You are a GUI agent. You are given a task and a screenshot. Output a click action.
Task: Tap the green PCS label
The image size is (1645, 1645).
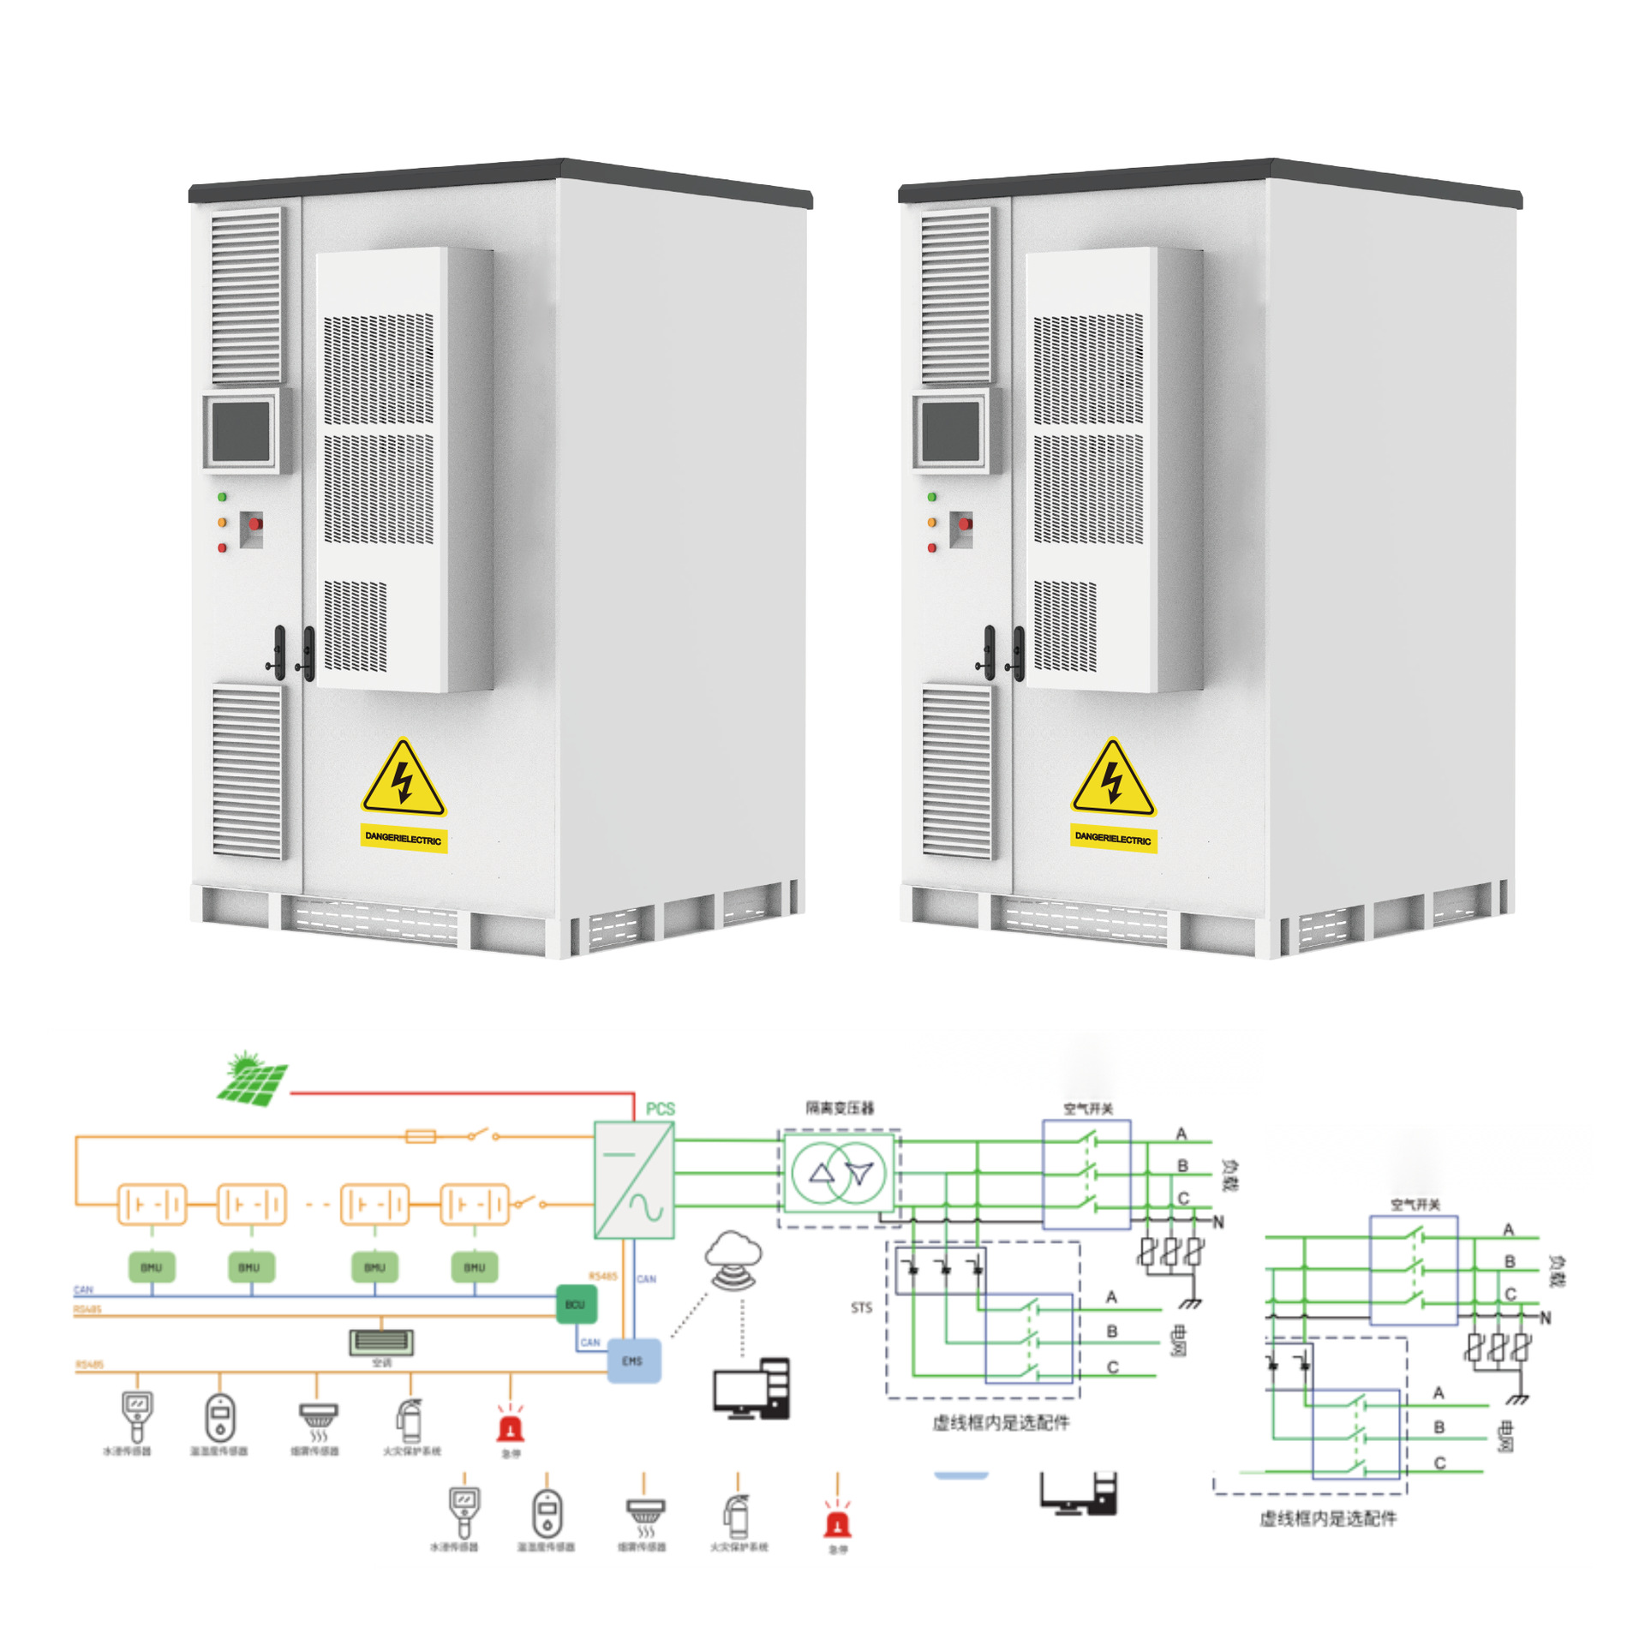click(x=660, y=1109)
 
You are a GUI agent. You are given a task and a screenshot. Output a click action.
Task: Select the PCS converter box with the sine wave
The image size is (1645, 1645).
click(x=634, y=1180)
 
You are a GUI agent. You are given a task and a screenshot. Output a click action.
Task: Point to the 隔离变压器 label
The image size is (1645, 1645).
click(x=840, y=1108)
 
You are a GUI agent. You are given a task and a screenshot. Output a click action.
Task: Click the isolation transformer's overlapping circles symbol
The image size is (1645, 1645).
click(x=840, y=1173)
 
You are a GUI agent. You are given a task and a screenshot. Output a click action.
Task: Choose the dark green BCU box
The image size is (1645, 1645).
click(x=575, y=1304)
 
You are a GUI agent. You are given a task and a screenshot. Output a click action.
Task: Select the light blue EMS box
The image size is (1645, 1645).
click(x=633, y=1361)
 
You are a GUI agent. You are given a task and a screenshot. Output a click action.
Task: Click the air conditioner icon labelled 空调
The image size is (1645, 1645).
click(x=381, y=1342)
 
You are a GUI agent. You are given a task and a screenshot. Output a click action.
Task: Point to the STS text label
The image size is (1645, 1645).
click(x=861, y=1307)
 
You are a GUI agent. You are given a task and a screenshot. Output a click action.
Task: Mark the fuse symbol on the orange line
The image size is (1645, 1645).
click(x=420, y=1137)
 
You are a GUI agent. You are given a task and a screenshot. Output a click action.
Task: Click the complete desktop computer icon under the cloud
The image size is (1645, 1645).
click(x=751, y=1389)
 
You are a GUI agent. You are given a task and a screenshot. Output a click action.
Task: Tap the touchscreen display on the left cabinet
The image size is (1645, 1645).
click(x=242, y=431)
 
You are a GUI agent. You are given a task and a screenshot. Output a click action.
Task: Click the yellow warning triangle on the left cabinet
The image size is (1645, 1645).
click(x=404, y=780)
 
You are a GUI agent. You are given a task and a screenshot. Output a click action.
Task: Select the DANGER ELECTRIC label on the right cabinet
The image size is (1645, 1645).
click(x=1112, y=838)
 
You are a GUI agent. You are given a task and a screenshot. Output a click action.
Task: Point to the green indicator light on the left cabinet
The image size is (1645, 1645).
click(x=222, y=497)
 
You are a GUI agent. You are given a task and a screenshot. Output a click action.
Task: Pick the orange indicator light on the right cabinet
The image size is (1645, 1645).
click(x=931, y=522)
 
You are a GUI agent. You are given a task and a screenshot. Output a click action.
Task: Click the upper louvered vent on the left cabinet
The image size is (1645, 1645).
click(x=247, y=296)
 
